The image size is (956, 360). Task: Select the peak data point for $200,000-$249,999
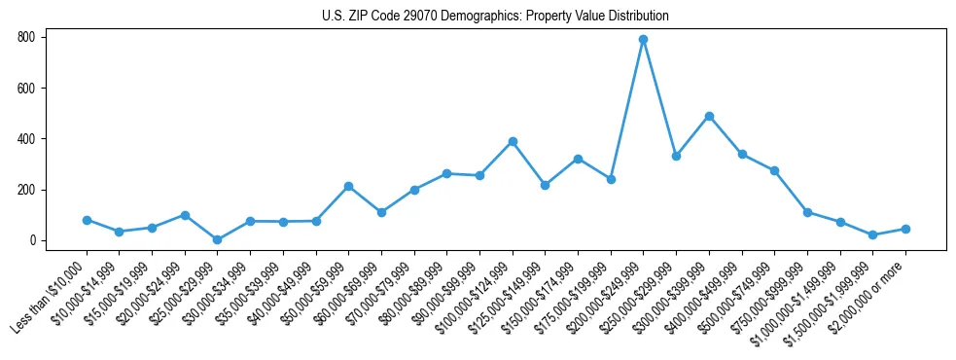pyautogui.click(x=643, y=40)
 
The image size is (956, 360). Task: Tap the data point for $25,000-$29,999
pyautogui.click(x=217, y=239)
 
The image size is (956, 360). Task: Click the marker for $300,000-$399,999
pyautogui.click(x=709, y=116)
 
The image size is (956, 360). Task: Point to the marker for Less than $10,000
pyautogui.click(x=87, y=220)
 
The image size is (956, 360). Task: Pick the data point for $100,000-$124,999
pyautogui.click(x=513, y=142)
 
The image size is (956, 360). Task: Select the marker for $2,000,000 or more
pyautogui.click(x=905, y=229)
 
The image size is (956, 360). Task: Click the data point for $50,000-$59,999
pyautogui.click(x=348, y=186)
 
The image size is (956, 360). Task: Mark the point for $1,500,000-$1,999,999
pyautogui.click(x=872, y=234)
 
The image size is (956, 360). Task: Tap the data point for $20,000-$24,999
pyautogui.click(x=185, y=215)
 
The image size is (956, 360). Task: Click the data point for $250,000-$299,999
pyautogui.click(x=676, y=156)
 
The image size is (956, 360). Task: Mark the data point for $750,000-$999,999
pyautogui.click(x=807, y=212)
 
